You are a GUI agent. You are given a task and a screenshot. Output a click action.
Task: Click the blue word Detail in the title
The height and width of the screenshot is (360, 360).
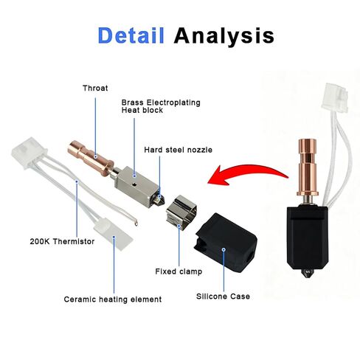point(131,35)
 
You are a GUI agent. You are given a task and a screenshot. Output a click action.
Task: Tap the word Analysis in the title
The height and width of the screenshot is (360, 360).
point(224,36)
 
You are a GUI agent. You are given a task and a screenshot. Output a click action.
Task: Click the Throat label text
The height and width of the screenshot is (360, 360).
point(95,88)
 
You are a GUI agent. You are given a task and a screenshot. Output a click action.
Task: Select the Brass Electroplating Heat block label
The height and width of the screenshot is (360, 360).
point(161,106)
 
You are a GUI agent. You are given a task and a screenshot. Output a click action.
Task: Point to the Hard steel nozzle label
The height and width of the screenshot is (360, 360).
point(178,150)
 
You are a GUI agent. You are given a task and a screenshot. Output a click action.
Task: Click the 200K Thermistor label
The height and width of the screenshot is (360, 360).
point(62,241)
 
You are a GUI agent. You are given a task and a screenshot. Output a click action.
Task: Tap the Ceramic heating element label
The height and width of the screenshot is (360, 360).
point(113,300)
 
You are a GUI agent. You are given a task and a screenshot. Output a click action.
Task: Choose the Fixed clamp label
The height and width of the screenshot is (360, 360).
point(179,271)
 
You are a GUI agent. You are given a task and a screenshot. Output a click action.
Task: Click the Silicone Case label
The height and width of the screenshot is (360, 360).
point(223,297)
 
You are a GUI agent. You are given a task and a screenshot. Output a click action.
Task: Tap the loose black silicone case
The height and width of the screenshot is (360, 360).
point(226,243)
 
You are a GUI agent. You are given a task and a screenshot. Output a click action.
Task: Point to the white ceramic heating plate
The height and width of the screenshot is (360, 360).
point(114,234)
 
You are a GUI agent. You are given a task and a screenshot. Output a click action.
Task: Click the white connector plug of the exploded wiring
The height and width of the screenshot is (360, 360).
point(29,153)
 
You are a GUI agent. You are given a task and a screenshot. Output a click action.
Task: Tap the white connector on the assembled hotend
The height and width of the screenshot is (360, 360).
point(335,97)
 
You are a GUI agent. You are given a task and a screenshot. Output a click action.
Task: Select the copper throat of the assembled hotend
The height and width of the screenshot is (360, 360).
point(307,167)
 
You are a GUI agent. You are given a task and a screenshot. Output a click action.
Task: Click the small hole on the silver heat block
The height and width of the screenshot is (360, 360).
point(134,184)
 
